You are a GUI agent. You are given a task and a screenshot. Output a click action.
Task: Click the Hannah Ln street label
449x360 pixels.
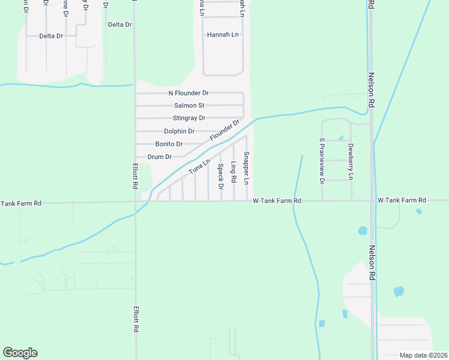(223, 35)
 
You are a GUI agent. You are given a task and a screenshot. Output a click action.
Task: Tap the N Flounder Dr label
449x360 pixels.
(188, 93)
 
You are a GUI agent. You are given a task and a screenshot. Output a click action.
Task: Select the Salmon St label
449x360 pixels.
(188, 106)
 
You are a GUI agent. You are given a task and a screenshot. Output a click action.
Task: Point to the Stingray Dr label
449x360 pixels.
(189, 118)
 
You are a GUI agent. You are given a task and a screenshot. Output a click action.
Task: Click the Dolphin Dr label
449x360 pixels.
(179, 131)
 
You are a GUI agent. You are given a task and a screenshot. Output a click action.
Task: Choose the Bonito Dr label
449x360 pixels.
(169, 144)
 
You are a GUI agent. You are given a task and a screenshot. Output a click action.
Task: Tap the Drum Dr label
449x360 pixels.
(160, 157)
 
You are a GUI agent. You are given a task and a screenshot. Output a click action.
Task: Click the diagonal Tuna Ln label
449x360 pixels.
(199, 167)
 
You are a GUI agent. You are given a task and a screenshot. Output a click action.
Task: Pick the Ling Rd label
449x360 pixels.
(234, 171)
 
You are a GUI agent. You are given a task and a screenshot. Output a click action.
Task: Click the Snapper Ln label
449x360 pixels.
(246, 168)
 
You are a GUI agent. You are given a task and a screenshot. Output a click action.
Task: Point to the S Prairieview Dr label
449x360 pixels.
(322, 161)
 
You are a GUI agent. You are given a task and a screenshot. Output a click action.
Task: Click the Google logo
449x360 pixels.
(20, 353)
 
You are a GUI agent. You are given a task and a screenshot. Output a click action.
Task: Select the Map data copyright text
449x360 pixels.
(423, 355)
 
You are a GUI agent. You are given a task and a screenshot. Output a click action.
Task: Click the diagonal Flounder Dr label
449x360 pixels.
(224, 131)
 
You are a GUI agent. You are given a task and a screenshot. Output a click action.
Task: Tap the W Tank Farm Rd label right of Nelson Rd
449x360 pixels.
(402, 200)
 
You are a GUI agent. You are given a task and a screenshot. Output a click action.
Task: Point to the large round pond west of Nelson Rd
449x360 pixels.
(363, 230)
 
